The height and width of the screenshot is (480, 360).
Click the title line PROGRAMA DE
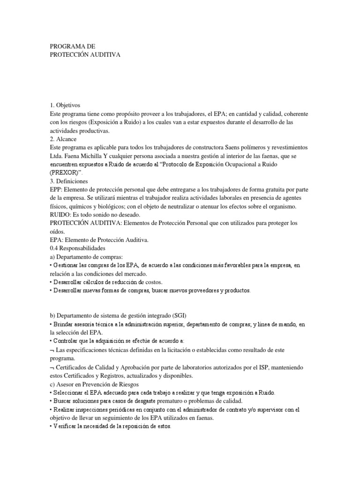[72, 46]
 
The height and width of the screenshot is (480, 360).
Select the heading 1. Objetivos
[68, 106]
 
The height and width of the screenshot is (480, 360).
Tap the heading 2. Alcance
[66, 139]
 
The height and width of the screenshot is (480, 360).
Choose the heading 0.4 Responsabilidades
[77, 248]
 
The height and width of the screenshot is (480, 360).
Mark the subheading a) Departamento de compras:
[85, 256]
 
